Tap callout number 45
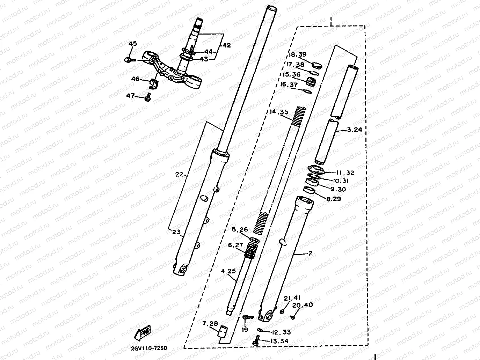(x=133, y=44)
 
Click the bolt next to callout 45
(x=129, y=60)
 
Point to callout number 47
(x=131, y=95)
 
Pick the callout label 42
(x=226, y=45)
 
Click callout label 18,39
(x=297, y=55)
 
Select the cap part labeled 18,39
(x=317, y=65)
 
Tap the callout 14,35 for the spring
(x=278, y=112)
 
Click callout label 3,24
(x=354, y=130)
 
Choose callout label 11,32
(x=346, y=173)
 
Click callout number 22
(x=179, y=175)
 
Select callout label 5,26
(x=240, y=230)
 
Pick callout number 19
(x=245, y=330)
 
